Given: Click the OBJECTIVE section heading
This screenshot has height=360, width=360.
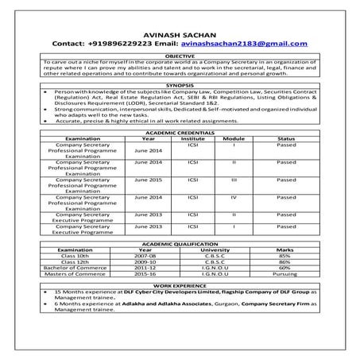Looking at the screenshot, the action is (x=179, y=57).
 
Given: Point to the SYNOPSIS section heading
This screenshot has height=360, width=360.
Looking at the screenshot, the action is (x=179, y=83).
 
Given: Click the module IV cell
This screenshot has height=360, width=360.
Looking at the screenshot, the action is (x=234, y=196).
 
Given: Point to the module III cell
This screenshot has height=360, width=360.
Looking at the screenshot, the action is (x=234, y=180).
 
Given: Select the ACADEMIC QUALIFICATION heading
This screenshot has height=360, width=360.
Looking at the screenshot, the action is (x=180, y=243).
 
